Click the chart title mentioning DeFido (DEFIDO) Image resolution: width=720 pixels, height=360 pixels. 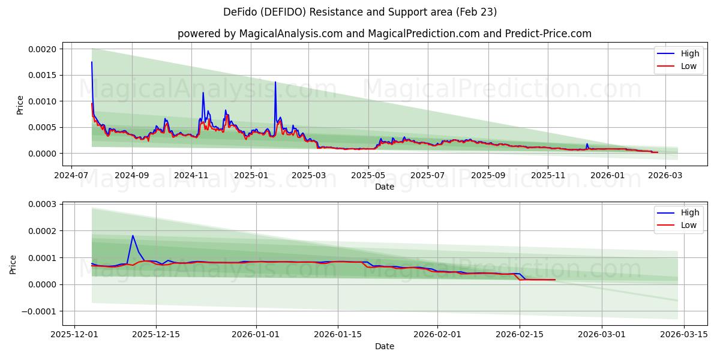(x=359, y=12)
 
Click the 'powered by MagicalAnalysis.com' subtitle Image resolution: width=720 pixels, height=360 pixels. (x=384, y=34)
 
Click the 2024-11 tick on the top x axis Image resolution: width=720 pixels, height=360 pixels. (x=191, y=175)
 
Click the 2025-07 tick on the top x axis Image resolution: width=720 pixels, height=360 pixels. (x=428, y=175)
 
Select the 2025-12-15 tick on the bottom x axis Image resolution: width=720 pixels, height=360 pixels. (x=156, y=335)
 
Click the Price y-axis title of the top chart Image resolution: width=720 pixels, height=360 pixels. (x=20, y=105)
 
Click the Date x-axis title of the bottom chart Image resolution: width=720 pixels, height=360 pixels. (x=384, y=346)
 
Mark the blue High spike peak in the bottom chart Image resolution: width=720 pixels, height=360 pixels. (x=133, y=235)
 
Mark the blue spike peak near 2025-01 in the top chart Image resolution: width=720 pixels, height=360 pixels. (x=275, y=82)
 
